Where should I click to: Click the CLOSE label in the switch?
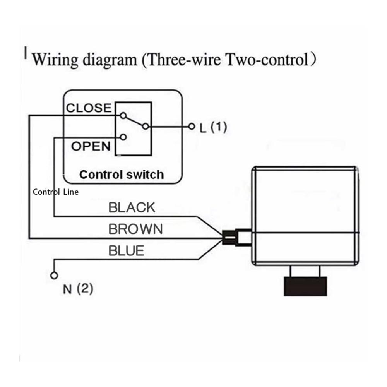pyautogui.click(x=89, y=108)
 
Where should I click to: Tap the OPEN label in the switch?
pyautogui.click(x=91, y=146)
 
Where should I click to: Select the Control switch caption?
pyautogui.click(x=122, y=175)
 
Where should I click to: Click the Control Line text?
pyautogui.click(x=55, y=192)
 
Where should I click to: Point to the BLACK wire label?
pyautogui.click(x=132, y=207)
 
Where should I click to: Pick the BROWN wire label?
pyautogui.click(x=135, y=229)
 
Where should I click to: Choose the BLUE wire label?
pyautogui.click(x=126, y=250)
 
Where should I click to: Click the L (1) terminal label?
pyautogui.click(x=213, y=127)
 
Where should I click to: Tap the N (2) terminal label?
pyautogui.click(x=78, y=288)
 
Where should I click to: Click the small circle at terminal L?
pyautogui.click(x=192, y=127)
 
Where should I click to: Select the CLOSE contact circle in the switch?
pyautogui.click(x=123, y=115)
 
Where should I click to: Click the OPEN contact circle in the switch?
pyautogui.click(x=123, y=137)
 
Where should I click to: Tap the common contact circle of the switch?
pyautogui.click(x=146, y=127)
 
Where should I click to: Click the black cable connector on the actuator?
pyautogui.click(x=229, y=238)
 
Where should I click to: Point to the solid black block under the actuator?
pyautogui.click(x=306, y=286)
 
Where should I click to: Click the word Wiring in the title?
pyautogui.click(x=55, y=60)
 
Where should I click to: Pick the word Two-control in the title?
pyautogui.click(x=268, y=60)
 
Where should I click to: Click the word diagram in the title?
pyautogui.click(x=110, y=60)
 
